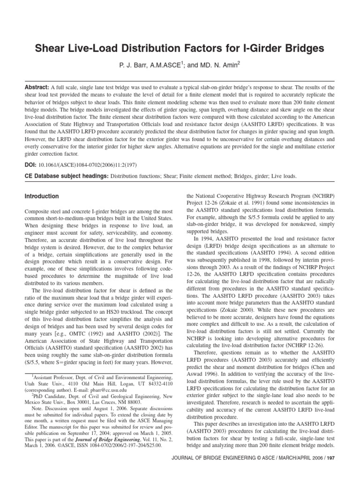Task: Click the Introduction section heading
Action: pos(42,196)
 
